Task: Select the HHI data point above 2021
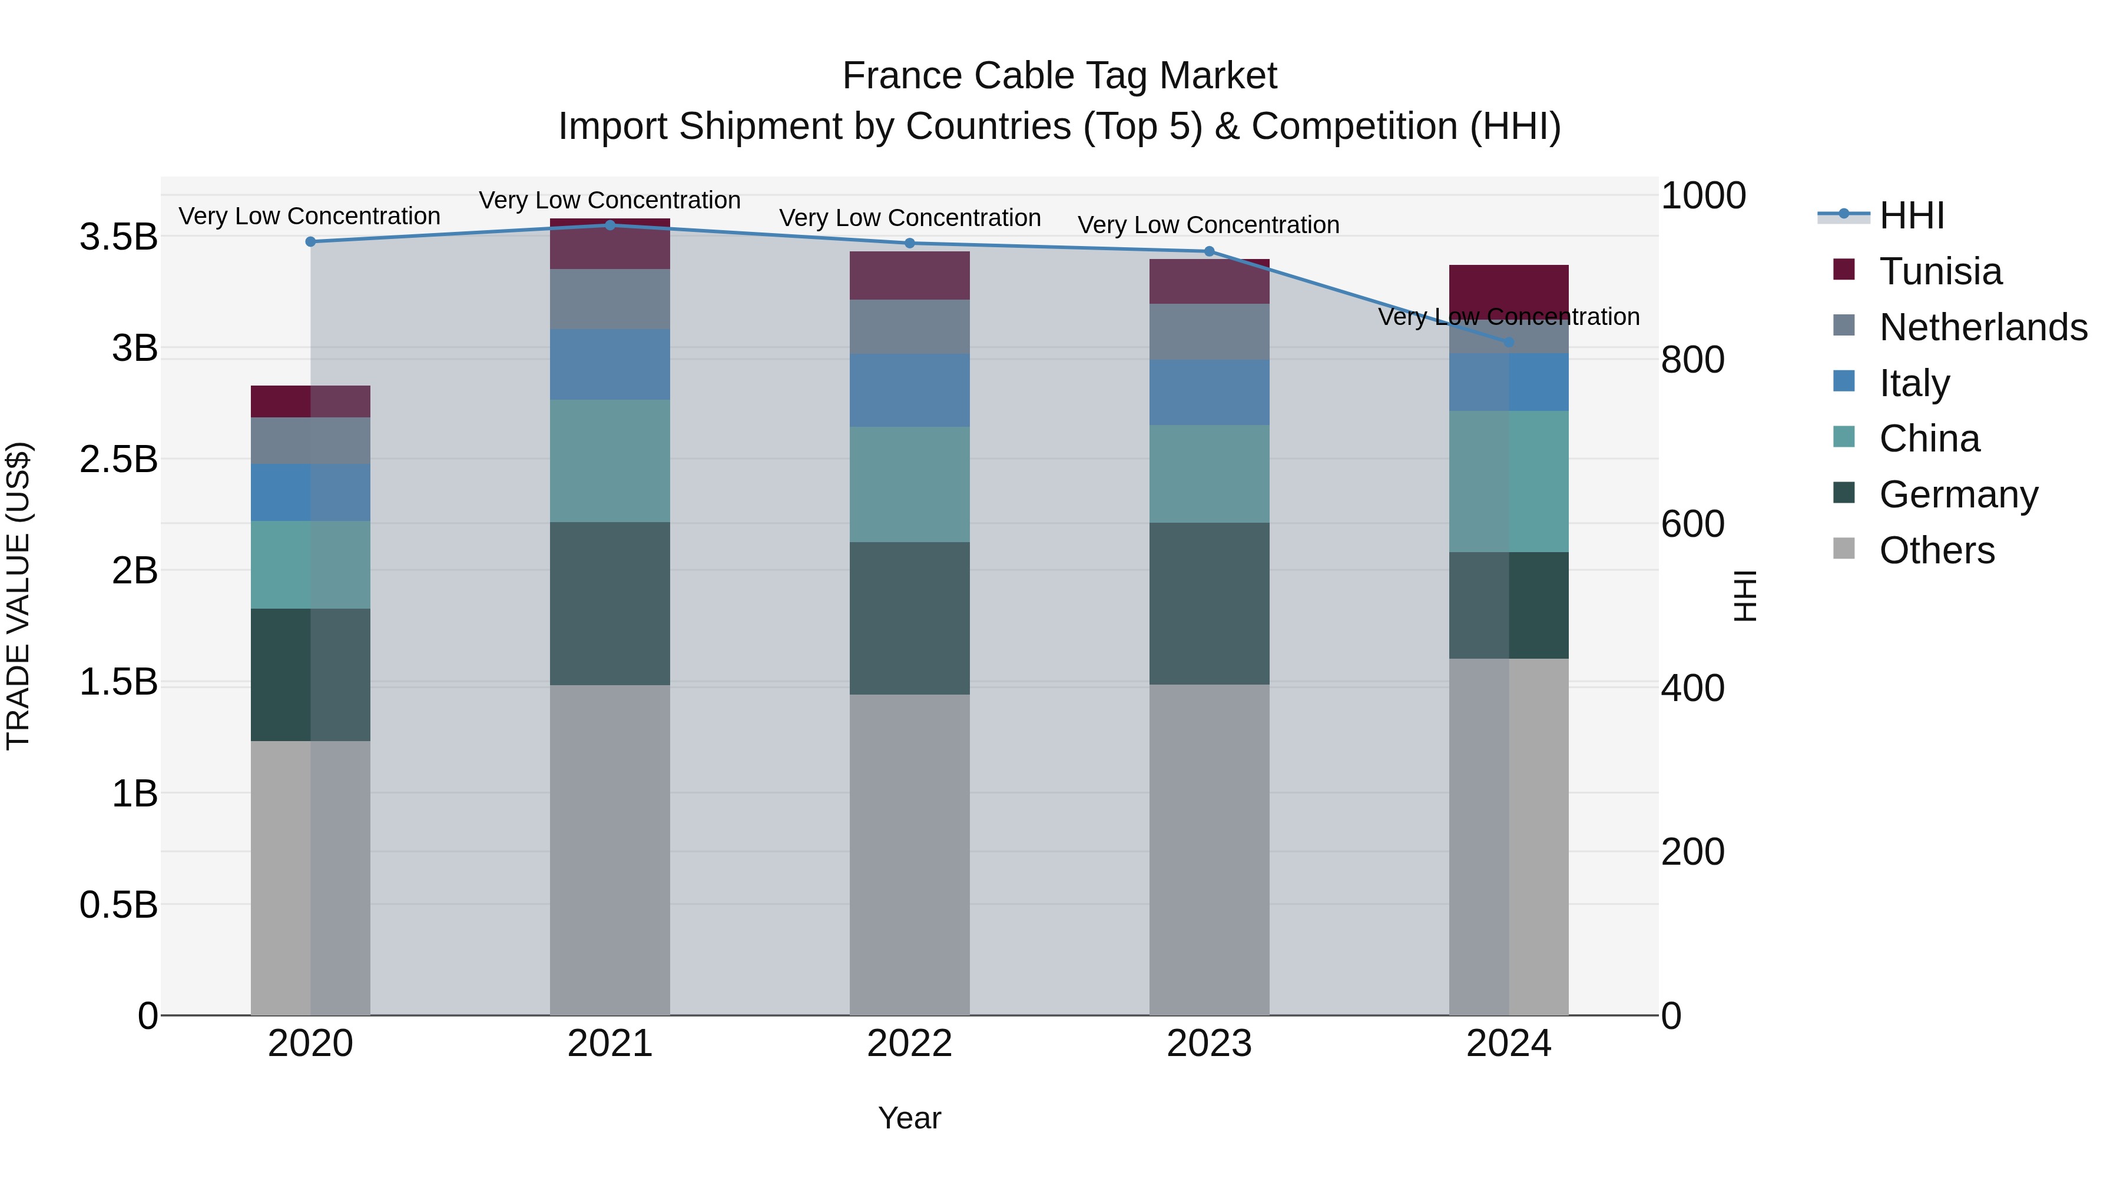click(610, 225)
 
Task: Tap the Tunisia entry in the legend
click(1940, 271)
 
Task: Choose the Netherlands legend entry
click(1983, 327)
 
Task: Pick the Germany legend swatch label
click(1958, 494)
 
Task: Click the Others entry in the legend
click(1936, 550)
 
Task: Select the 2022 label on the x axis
click(909, 1044)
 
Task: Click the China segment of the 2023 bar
click(1209, 474)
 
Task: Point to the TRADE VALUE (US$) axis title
click(18, 596)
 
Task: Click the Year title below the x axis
click(909, 1118)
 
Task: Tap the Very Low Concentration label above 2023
click(1208, 225)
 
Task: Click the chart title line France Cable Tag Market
click(1059, 76)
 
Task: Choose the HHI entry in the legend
click(1911, 215)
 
